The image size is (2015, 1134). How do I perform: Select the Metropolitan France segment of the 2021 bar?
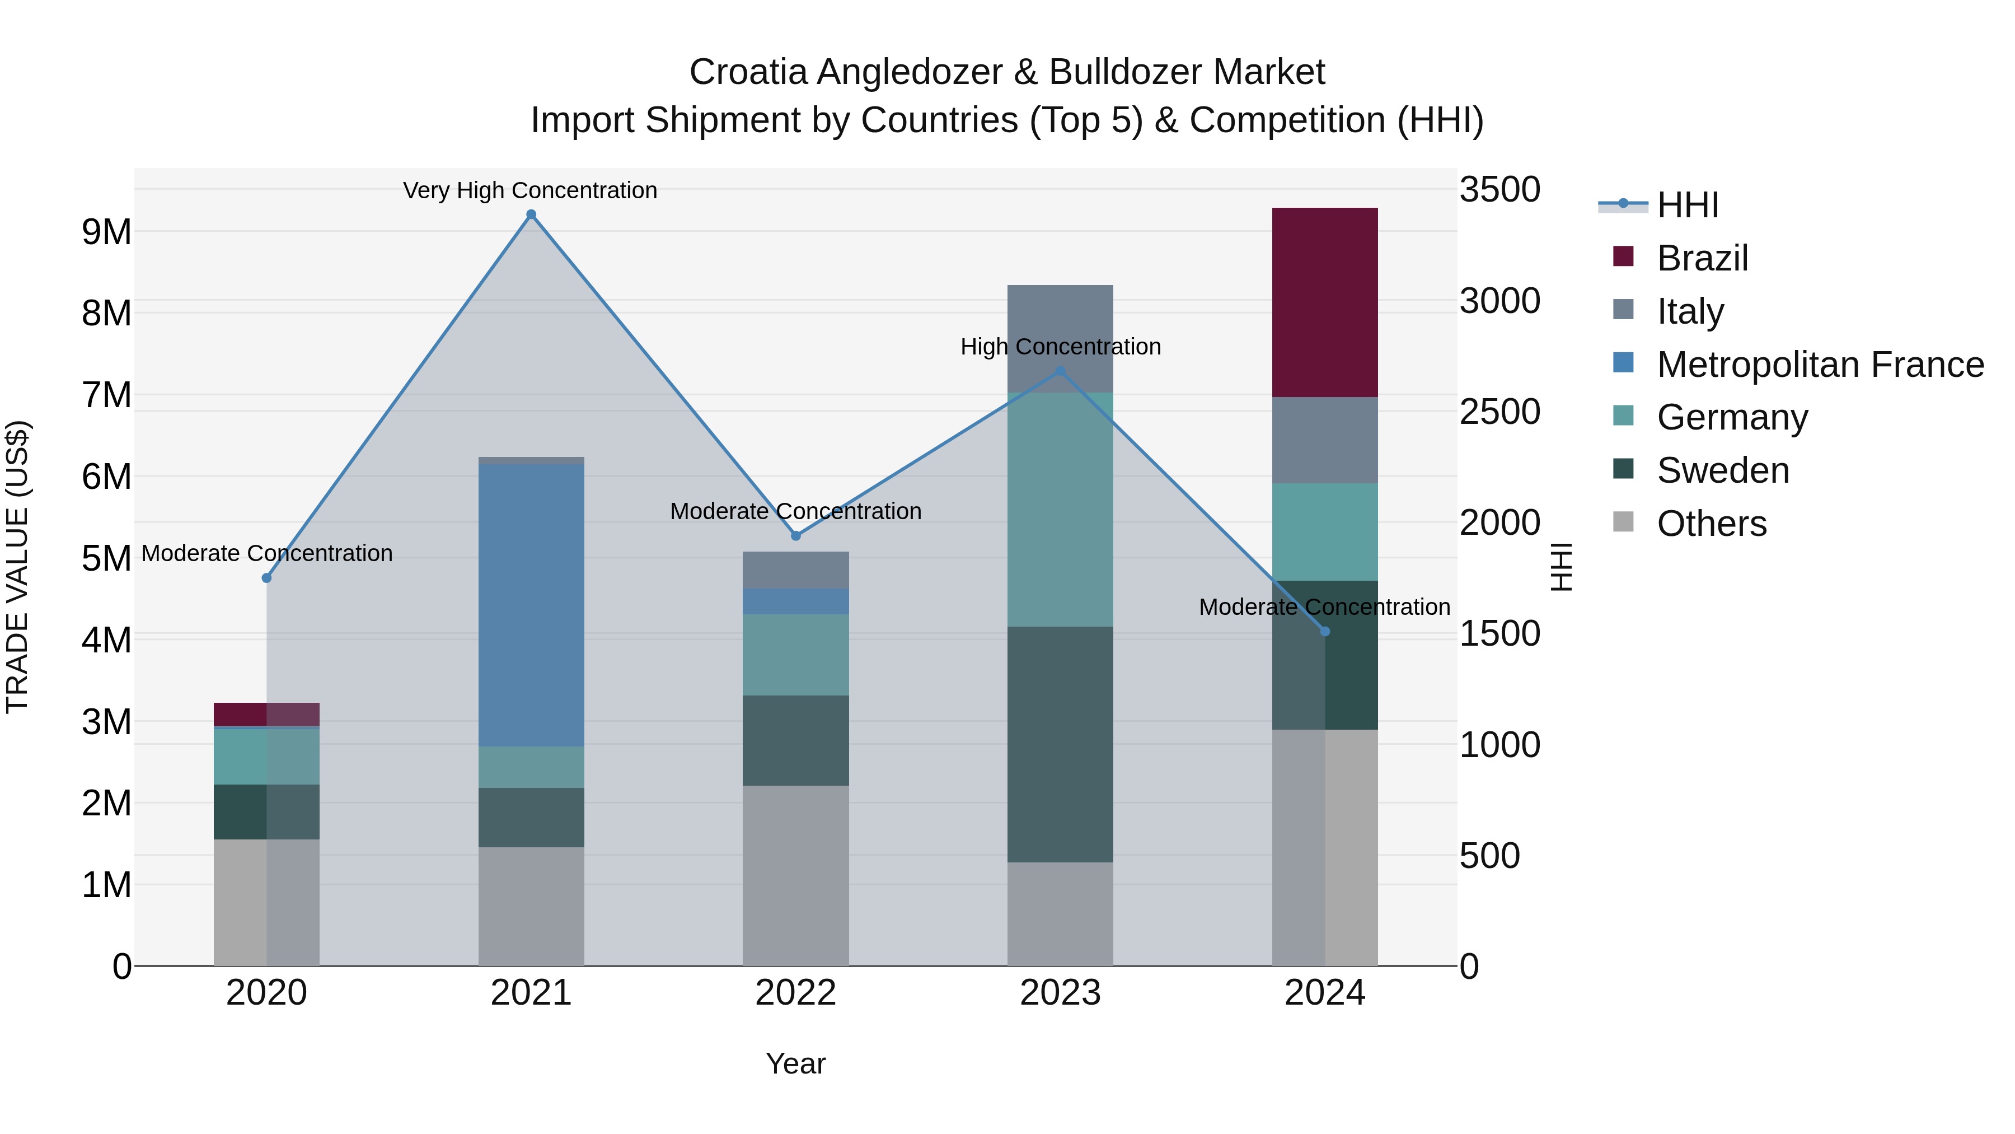coord(531,605)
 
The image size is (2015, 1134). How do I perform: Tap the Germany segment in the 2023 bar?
coord(1060,508)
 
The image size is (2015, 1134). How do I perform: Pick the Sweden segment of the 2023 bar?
coord(1060,744)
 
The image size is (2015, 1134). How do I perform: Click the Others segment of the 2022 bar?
coord(795,875)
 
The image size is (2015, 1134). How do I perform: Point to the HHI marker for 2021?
coord(531,214)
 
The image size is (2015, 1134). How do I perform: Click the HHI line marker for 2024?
coord(1324,632)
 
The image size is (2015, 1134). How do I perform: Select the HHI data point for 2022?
coord(795,536)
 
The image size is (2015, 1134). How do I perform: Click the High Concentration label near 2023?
coord(1060,347)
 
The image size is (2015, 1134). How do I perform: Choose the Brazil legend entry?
coord(1702,258)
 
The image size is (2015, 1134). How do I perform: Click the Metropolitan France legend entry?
coord(1820,365)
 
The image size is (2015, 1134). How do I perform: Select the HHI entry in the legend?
coord(1687,205)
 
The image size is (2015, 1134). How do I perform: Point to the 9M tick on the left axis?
coord(106,232)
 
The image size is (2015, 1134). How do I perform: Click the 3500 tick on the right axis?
coord(1499,190)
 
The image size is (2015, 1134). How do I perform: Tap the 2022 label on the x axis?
coord(795,993)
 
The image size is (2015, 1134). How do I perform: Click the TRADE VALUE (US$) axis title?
coord(17,567)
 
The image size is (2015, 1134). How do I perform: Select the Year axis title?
coord(795,1063)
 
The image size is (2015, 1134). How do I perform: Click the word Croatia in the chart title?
coord(747,73)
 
